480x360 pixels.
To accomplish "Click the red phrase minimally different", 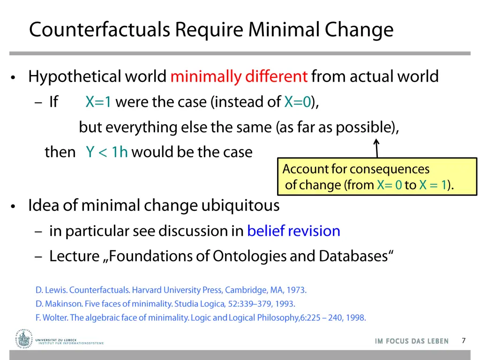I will click(x=239, y=76).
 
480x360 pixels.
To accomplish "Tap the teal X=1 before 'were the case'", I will click(x=98, y=102).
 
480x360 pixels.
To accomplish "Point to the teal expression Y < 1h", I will click(x=107, y=152).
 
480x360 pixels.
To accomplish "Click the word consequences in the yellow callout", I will click(x=389, y=169).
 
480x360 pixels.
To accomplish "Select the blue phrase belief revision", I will click(x=293, y=231).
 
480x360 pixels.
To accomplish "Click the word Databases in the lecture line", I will click(x=356, y=256).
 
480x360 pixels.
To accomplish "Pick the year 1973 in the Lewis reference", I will click(x=297, y=290).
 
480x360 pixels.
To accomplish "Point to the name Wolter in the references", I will click(x=55, y=318).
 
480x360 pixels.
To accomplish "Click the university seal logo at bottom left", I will click(x=23, y=338).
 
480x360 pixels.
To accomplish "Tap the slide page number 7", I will click(x=464, y=341).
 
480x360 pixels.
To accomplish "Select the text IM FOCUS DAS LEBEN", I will click(x=412, y=341).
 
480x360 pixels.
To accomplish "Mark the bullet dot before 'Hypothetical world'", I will click(x=15, y=77).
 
